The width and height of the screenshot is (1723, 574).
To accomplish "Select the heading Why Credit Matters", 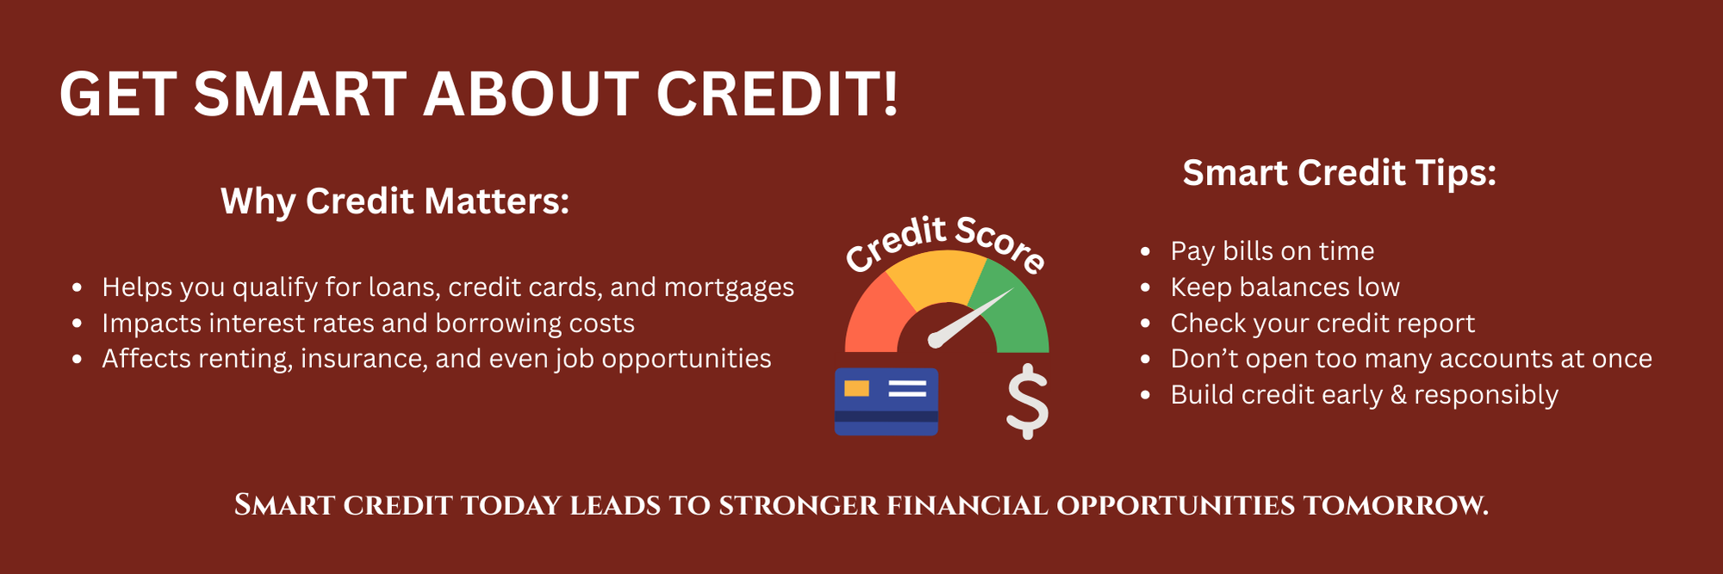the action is coord(395,201).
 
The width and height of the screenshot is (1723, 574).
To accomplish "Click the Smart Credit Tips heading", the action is coord(1340,173).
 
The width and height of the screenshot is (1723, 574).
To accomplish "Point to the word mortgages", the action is coord(729,288).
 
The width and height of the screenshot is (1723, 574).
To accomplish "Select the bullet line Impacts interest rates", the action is coord(368,324).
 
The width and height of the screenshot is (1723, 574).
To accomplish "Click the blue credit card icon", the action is coord(886,402).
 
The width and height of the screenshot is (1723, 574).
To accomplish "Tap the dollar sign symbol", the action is coord(1028,402).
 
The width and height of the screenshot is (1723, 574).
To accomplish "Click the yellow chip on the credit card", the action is coord(856,388).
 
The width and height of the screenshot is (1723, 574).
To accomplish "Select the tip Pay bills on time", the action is coord(1272,251).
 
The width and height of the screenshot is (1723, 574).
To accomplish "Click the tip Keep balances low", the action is coord(1285,287).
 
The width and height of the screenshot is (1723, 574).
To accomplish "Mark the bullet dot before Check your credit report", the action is coord(1145,324).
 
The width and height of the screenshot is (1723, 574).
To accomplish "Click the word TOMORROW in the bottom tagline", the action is coord(1396,505).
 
